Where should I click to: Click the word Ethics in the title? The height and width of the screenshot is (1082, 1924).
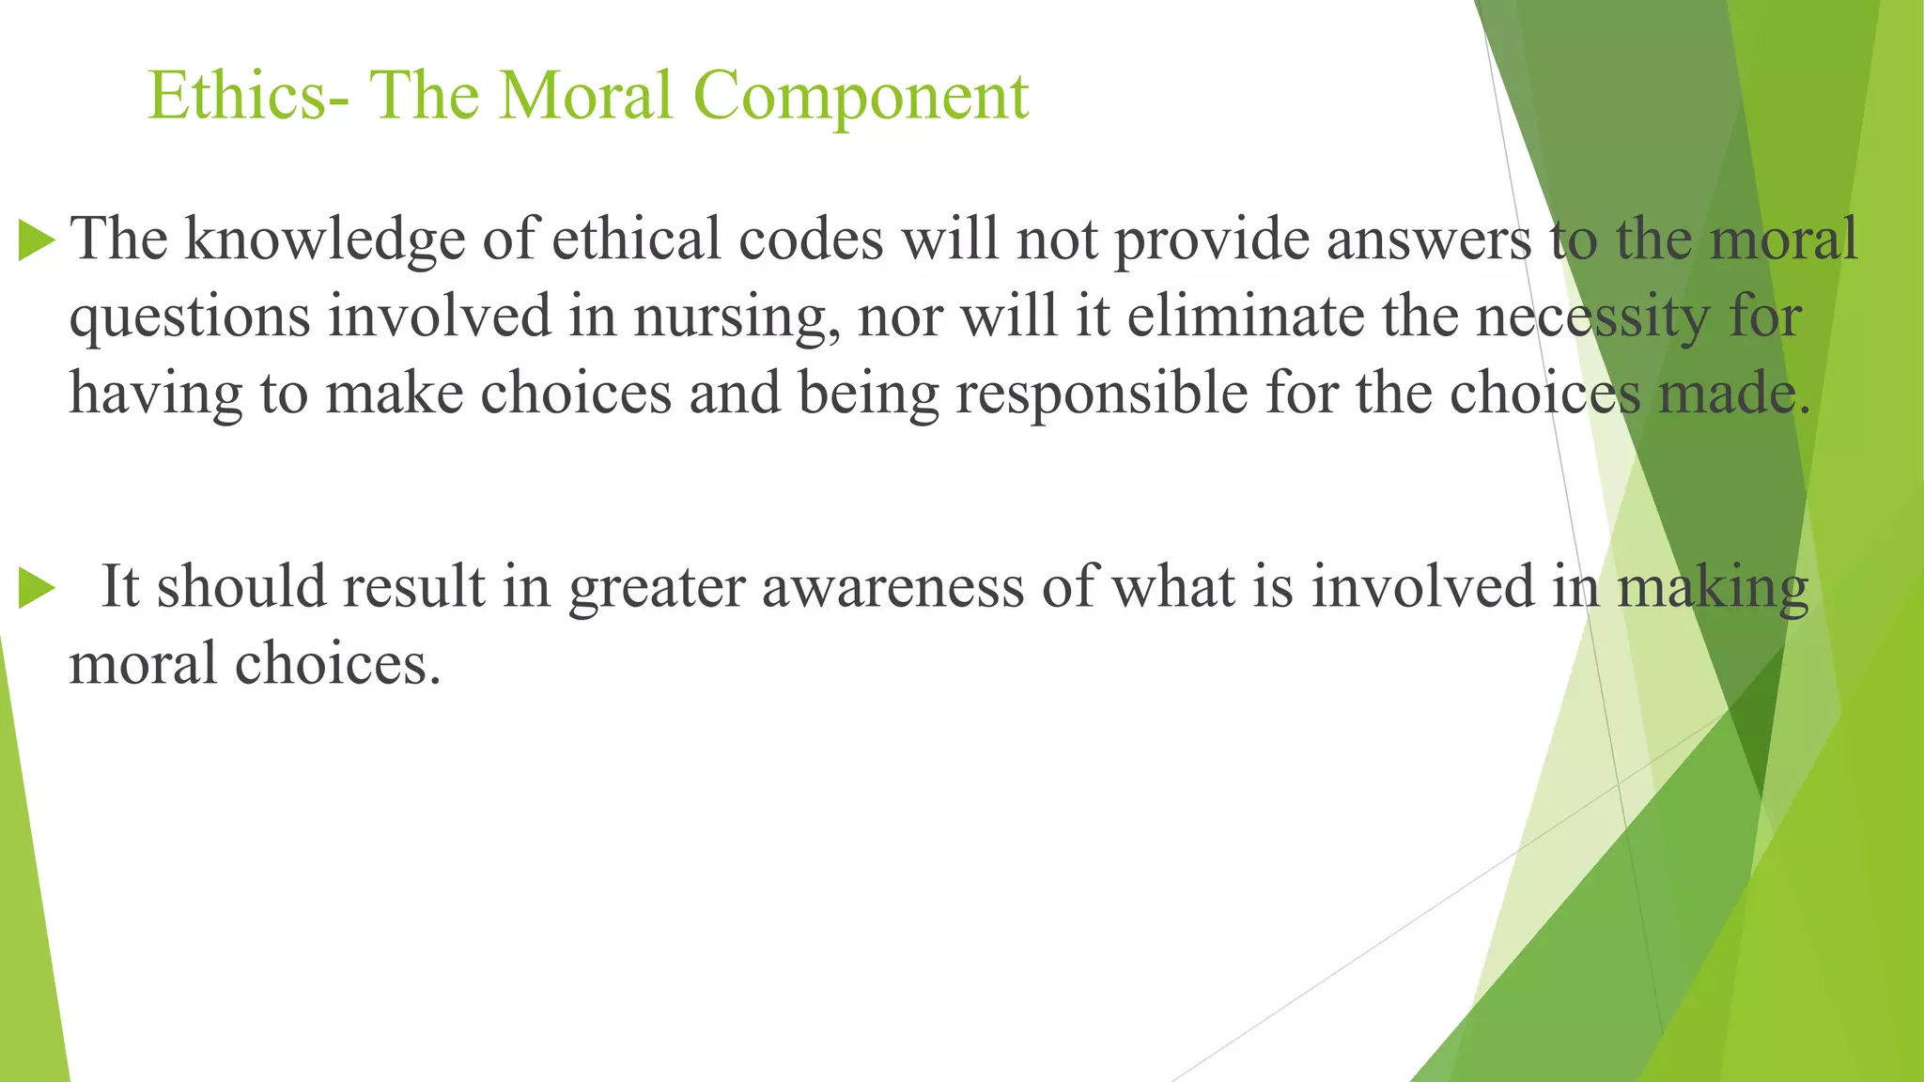pos(239,96)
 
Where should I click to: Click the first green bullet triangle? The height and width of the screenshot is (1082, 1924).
pos(37,240)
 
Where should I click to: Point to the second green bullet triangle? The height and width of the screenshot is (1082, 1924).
pos(37,589)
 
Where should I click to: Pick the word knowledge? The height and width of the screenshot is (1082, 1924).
pos(324,240)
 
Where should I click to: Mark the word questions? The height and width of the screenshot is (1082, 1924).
pos(190,317)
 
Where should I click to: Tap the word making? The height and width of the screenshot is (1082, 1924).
pos(1713,588)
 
